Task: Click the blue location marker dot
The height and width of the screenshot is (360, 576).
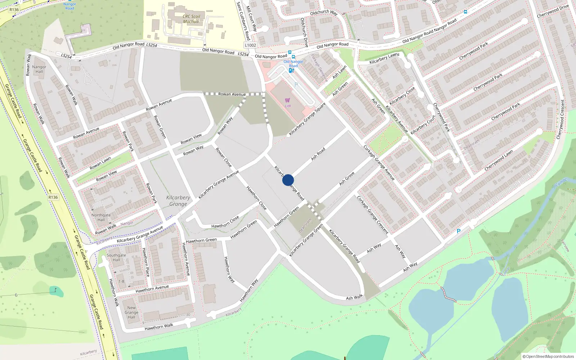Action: click(x=288, y=180)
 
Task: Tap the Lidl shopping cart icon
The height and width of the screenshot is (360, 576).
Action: click(x=287, y=100)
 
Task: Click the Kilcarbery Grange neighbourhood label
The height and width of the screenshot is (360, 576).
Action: click(x=178, y=201)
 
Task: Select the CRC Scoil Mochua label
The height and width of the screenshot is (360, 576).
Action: click(x=191, y=19)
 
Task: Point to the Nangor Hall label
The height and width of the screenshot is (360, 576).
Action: click(x=39, y=69)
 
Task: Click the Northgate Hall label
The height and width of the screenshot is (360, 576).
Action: click(x=101, y=217)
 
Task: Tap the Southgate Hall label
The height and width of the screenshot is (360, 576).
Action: click(x=116, y=257)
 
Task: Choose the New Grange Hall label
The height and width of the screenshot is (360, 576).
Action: click(x=131, y=312)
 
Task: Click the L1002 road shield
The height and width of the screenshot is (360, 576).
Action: click(x=250, y=45)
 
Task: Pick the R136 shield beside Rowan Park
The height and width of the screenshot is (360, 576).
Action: click(x=53, y=197)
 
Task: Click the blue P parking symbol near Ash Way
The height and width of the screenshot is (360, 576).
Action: click(x=458, y=231)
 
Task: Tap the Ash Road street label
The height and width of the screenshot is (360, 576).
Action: click(x=318, y=154)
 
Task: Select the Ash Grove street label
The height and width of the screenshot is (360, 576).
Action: click(x=347, y=179)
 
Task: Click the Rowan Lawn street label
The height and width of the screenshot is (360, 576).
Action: click(x=100, y=163)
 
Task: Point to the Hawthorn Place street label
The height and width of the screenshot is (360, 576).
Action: click(x=146, y=262)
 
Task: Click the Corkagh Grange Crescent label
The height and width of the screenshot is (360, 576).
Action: click(x=373, y=215)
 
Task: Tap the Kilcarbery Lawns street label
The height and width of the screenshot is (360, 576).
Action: click(x=384, y=59)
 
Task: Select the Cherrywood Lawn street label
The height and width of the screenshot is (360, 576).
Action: click(x=499, y=161)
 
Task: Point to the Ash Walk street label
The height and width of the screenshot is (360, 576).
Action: click(x=354, y=297)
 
